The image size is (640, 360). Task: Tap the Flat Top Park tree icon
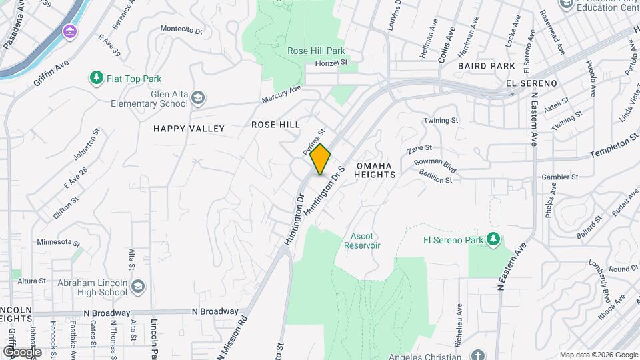point(97,79)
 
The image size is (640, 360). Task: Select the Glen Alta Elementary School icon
point(198,99)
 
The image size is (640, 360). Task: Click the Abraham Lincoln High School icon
point(137,287)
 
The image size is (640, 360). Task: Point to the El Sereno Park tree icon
point(493,239)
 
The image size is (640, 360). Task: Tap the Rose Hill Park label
point(316,51)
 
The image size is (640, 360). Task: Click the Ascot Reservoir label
point(362,241)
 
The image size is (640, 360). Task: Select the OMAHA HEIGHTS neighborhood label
point(376,169)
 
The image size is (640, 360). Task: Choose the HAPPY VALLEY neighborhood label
point(189,128)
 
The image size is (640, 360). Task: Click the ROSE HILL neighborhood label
point(275,125)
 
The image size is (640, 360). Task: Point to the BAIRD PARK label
point(486,66)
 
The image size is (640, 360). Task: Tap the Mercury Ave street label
point(281,93)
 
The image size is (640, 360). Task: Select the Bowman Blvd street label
point(435,165)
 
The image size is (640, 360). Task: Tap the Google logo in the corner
point(21,351)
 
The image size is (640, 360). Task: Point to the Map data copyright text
point(598,355)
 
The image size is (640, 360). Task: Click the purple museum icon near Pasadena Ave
point(69,31)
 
